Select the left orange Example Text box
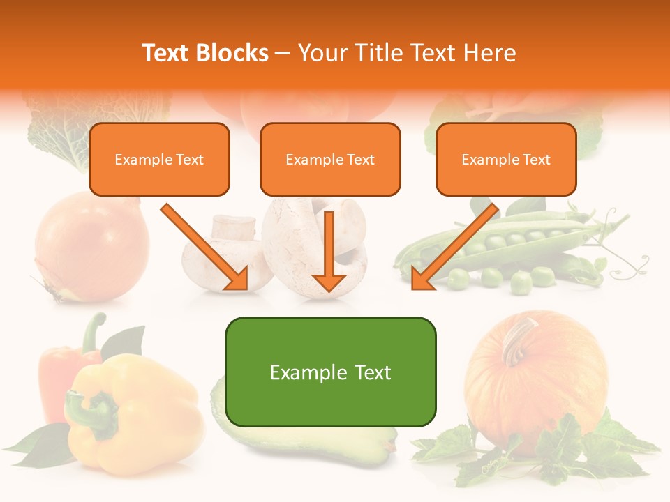tap(159, 159)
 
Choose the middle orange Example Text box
tap(330, 159)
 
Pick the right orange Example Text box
tap(506, 159)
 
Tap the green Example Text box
tap(330, 372)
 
